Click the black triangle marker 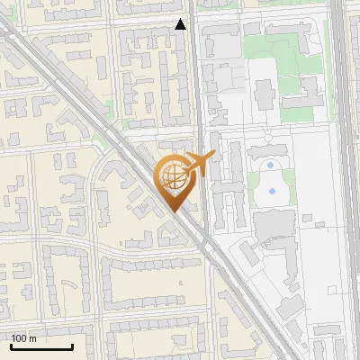181,24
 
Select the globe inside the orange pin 172,178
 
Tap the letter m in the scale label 32,338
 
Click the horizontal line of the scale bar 40,346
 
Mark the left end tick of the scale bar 10,346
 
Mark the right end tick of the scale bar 71,346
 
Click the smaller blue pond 270,166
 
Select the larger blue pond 269,191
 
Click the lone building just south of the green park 265,93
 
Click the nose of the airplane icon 214,155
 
